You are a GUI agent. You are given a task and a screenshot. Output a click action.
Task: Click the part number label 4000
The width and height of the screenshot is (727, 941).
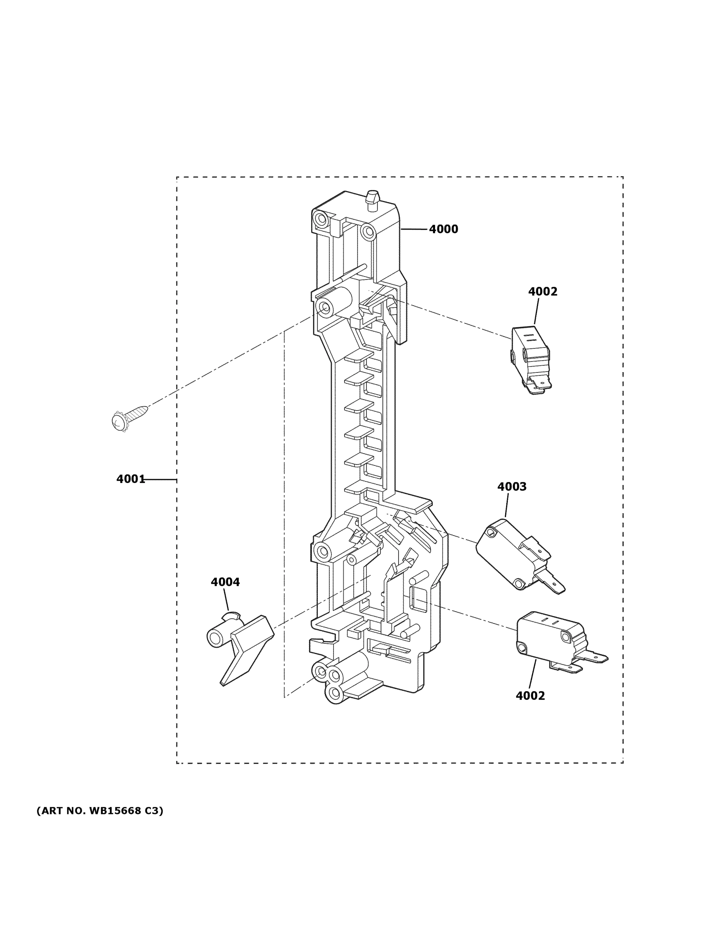pos(443,229)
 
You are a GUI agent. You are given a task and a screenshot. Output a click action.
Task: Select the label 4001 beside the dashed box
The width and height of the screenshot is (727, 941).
pos(131,479)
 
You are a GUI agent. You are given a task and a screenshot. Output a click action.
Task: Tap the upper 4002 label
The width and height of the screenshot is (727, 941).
pos(543,292)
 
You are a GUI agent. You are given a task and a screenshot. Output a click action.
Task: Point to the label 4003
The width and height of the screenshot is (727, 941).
pos(512,487)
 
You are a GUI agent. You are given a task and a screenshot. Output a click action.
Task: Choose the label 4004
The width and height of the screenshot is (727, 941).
pos(225,582)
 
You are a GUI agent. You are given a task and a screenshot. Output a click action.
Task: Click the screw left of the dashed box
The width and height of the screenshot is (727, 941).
pos(129,417)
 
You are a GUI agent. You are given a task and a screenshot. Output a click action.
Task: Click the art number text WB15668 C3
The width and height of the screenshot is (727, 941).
pos(100,811)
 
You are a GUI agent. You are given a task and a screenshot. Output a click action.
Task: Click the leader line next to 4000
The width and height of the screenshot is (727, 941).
pos(414,229)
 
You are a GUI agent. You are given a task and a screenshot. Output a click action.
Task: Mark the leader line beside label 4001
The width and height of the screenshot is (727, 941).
pos(160,479)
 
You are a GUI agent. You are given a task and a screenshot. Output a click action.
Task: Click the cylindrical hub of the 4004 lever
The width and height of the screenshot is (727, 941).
pos(218,636)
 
